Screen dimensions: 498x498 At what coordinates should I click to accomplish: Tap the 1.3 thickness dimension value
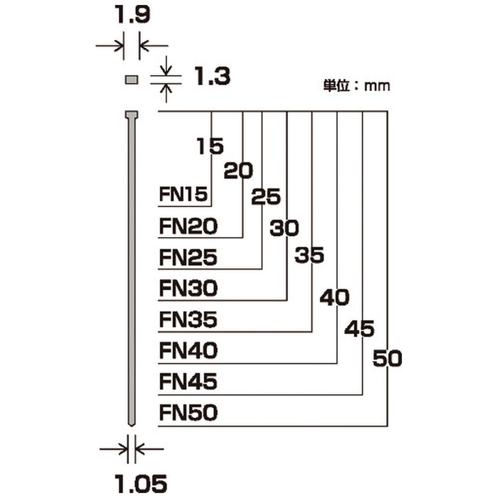212,76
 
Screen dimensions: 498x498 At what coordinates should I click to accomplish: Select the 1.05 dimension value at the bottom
140,484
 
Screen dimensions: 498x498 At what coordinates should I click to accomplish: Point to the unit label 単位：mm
357,86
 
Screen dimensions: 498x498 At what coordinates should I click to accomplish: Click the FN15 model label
183,194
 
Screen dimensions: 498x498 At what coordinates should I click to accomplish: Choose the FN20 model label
188,226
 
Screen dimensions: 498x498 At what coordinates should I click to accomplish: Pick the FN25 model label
188,257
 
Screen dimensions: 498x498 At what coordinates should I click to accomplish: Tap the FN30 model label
188,288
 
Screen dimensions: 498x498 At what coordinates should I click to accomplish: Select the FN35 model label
188,320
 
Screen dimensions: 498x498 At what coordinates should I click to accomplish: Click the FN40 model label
188,351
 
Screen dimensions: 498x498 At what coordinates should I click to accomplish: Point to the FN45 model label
188,381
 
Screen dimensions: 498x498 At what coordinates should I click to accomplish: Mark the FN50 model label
188,412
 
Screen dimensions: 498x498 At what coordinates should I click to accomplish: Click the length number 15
210,146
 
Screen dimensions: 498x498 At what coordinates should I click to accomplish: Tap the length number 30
284,228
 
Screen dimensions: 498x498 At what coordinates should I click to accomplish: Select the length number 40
335,297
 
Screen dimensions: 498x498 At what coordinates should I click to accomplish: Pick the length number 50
387,358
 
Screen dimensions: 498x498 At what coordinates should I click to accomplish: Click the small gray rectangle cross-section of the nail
131,79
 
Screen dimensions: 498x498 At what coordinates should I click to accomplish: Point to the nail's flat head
131,115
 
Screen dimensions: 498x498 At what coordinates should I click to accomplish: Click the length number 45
360,328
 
